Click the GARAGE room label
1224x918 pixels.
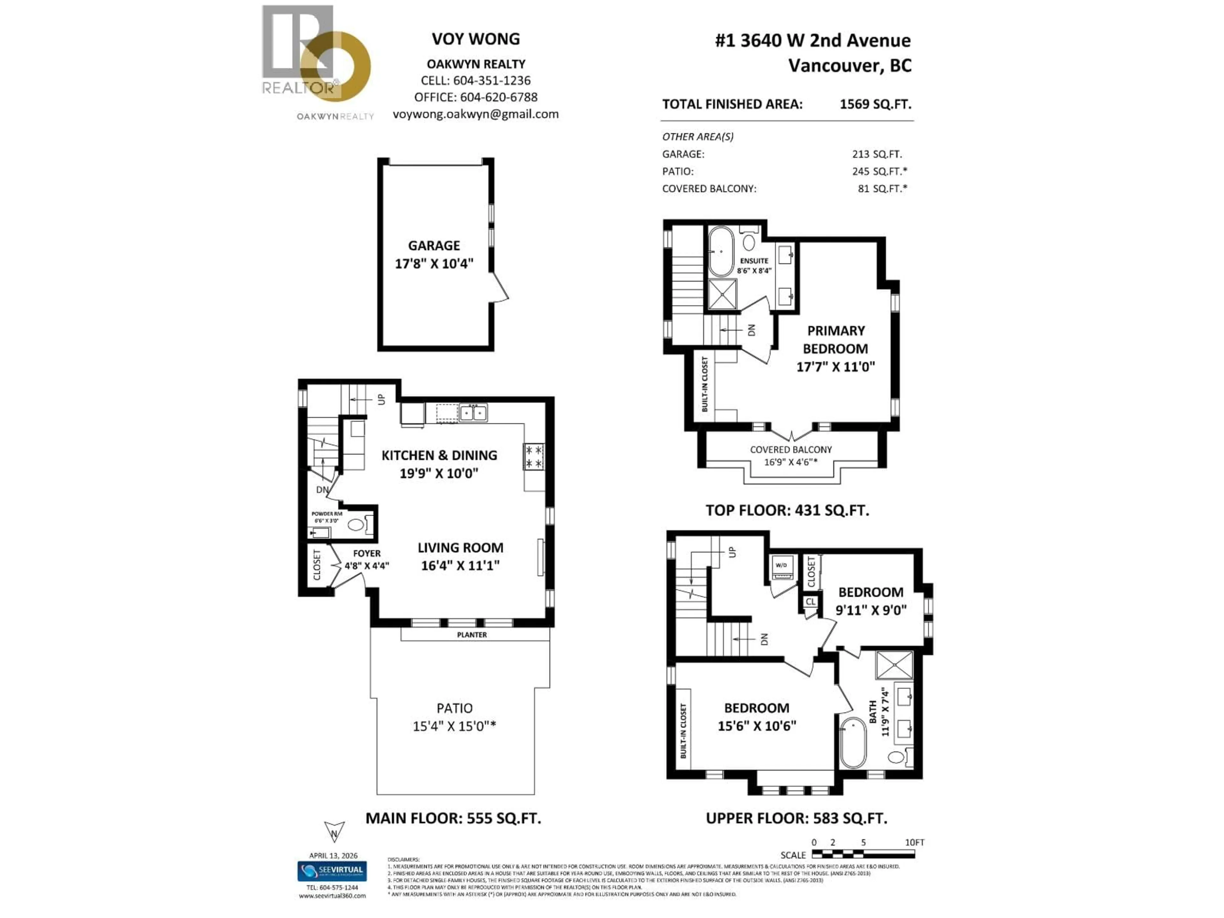pos(434,246)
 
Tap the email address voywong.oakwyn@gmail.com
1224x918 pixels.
pos(475,114)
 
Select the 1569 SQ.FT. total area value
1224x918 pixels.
pos(875,104)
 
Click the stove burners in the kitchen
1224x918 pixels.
pos(533,456)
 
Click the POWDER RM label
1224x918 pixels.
pos(326,514)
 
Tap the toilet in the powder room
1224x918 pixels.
pos(357,525)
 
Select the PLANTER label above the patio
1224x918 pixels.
pos(471,635)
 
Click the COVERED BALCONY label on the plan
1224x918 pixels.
pos(791,450)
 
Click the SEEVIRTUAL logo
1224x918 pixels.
pos(332,871)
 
